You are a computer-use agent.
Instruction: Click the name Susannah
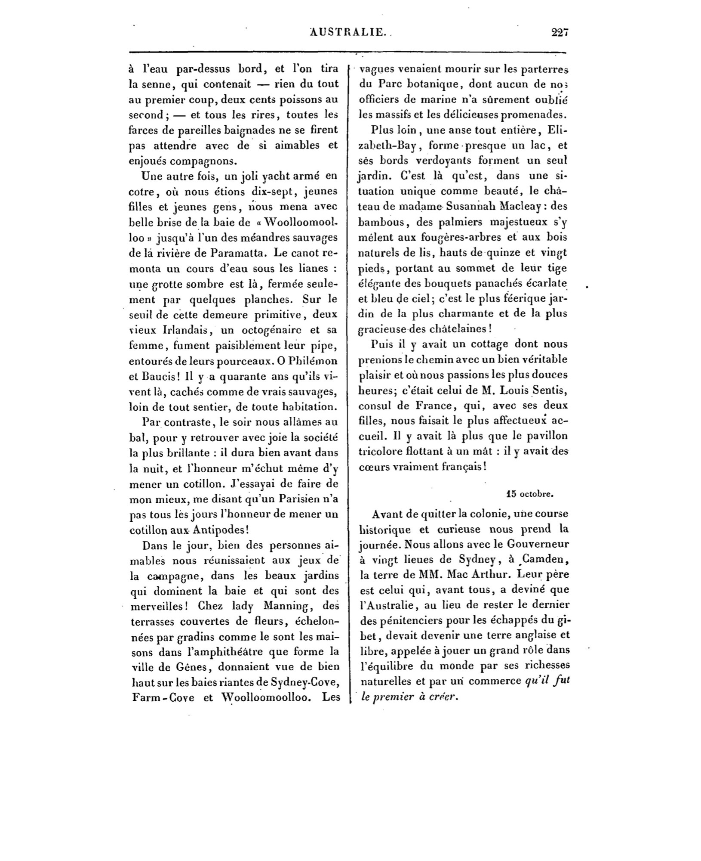click(472, 206)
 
